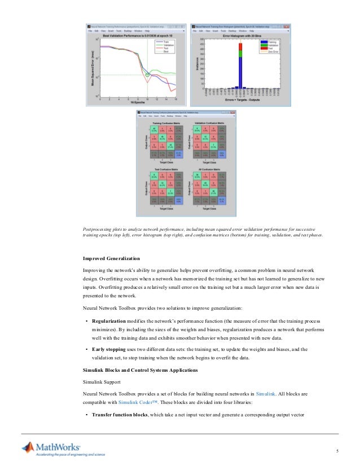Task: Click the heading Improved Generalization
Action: pos(111,258)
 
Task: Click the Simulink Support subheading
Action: pos(102,381)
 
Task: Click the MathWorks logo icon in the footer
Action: pos(28,449)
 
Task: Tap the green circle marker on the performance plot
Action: pos(148,74)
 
